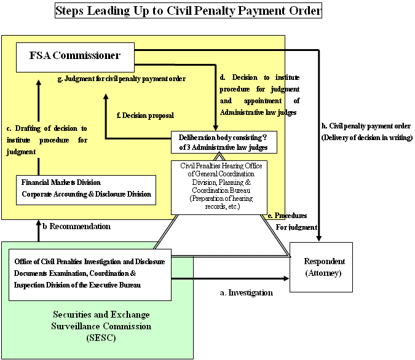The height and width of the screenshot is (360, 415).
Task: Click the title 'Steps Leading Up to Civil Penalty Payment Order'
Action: point(188,11)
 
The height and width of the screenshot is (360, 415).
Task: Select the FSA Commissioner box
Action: point(74,56)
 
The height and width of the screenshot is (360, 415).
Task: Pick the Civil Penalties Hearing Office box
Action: point(220,187)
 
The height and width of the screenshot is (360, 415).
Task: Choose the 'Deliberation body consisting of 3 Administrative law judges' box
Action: point(224,143)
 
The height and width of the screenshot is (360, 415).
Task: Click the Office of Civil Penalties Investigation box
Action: point(90,273)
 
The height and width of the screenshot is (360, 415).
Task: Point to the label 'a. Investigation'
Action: point(246,293)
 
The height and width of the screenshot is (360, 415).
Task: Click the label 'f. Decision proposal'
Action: point(144,115)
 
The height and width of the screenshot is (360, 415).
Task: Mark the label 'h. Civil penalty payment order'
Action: point(366,131)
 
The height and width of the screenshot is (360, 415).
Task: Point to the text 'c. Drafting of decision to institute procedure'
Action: point(47,140)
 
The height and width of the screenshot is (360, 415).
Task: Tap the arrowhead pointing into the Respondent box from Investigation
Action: point(285,278)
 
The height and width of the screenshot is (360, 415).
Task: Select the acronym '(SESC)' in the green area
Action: point(101,338)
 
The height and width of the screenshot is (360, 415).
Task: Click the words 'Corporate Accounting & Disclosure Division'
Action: point(86,194)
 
